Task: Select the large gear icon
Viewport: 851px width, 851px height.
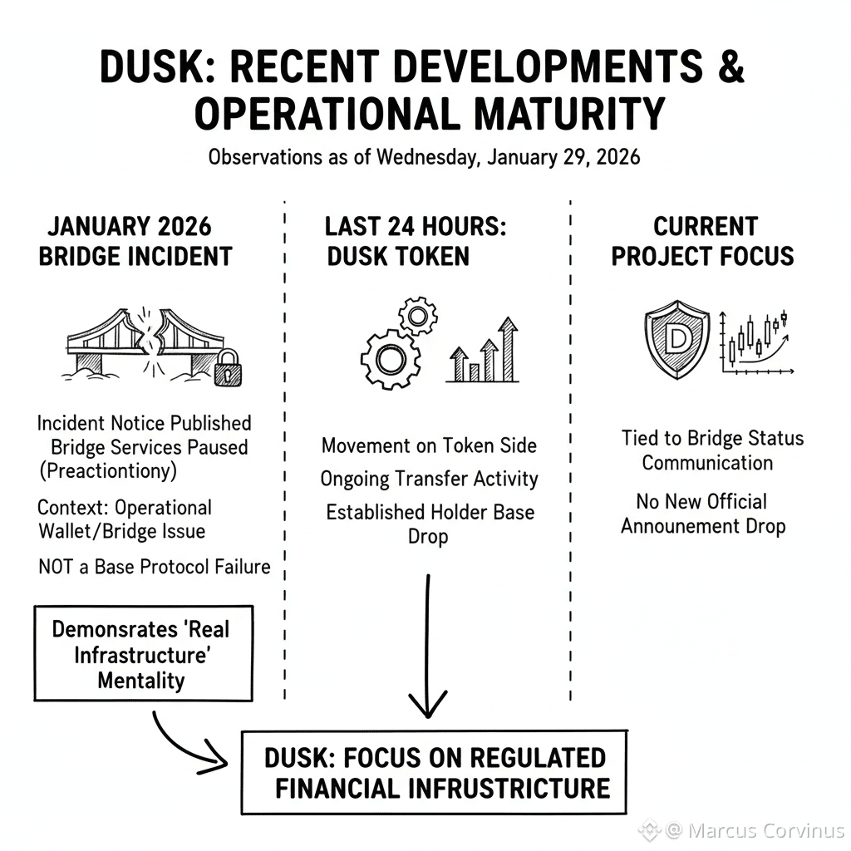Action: tap(389, 359)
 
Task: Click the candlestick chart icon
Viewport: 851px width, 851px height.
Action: tap(756, 342)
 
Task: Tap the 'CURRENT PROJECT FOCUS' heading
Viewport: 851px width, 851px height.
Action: tap(703, 241)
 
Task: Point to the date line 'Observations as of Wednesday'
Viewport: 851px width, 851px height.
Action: tap(425, 156)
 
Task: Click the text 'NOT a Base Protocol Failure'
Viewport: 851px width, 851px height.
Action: tap(155, 568)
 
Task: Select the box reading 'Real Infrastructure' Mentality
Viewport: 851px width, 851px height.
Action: tap(142, 654)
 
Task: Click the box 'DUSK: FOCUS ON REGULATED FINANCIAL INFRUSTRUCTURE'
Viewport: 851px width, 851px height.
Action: tap(435, 773)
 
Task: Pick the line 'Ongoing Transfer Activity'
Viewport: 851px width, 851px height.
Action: tap(429, 480)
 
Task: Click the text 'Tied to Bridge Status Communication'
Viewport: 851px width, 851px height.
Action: tap(712, 450)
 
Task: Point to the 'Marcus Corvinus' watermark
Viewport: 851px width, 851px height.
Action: tap(752, 830)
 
